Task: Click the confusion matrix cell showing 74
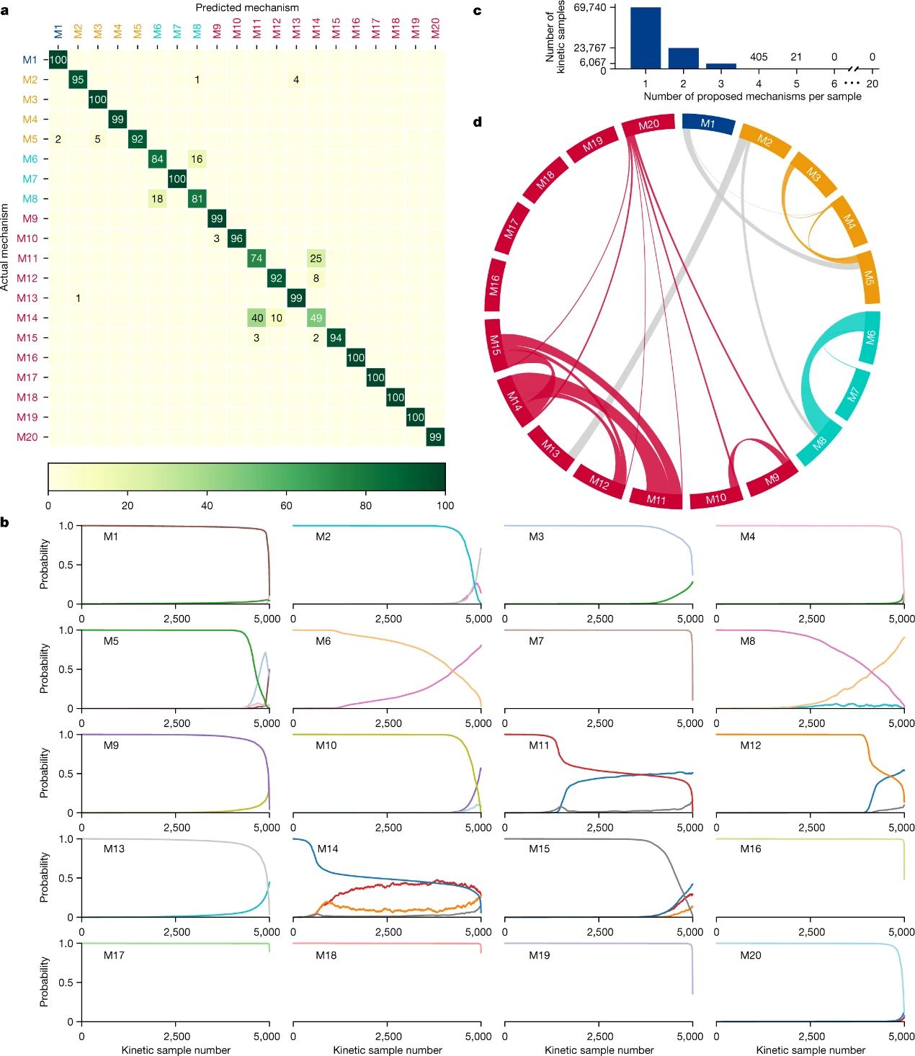point(256,258)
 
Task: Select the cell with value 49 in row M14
point(316,318)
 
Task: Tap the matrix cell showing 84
point(157,159)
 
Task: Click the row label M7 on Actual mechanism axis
point(30,179)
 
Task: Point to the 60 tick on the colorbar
point(286,505)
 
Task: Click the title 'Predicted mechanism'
point(247,7)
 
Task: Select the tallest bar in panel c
point(646,37)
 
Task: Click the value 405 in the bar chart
point(759,57)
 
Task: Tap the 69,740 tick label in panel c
point(589,7)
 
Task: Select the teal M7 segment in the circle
point(854,394)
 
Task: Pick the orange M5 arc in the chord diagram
point(869,277)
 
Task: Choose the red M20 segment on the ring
point(648,125)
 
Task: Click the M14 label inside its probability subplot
point(328,849)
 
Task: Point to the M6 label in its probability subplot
point(323,640)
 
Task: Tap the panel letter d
point(477,122)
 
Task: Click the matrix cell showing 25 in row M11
point(316,258)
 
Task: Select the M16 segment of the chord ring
point(494,285)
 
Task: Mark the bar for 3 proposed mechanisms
point(721,66)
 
